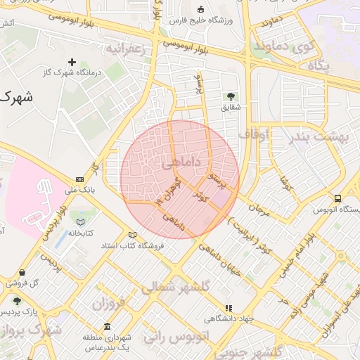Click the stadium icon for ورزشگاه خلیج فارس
click(x=200, y=10)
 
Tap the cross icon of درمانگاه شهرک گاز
click(x=72, y=62)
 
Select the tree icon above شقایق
click(x=230, y=96)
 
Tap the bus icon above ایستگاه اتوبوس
click(x=338, y=198)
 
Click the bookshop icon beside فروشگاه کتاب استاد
click(x=131, y=235)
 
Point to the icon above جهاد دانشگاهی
click(x=228, y=307)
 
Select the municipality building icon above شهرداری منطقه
click(x=107, y=328)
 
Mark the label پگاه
click(x=319, y=65)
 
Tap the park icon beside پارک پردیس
click(x=17, y=301)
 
